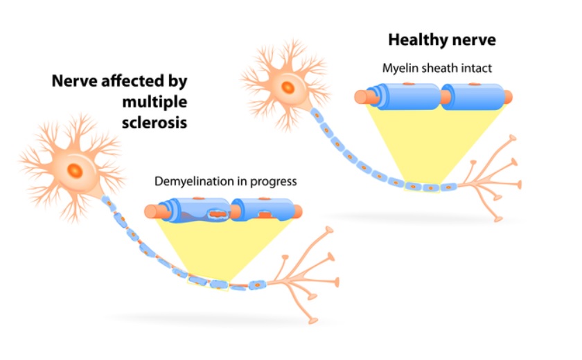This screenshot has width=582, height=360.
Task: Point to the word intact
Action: (x=476, y=69)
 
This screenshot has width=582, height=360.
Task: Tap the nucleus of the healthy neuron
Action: (x=287, y=87)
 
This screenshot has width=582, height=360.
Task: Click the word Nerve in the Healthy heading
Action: (x=472, y=39)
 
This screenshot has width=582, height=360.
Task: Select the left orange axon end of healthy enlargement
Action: (x=361, y=97)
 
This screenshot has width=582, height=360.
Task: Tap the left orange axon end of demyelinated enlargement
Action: (x=152, y=211)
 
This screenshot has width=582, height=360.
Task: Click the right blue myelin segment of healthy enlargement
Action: (x=475, y=96)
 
